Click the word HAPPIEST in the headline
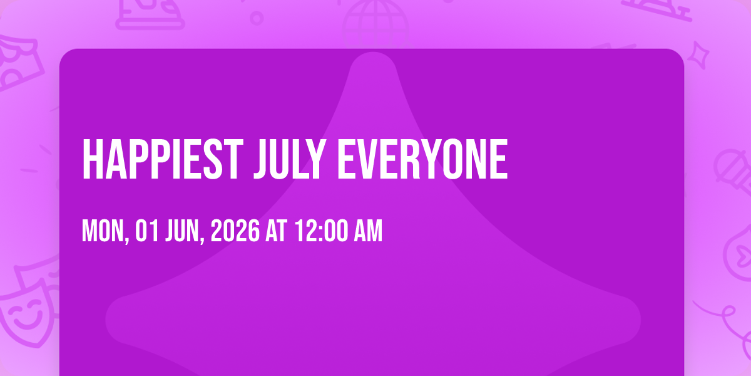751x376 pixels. point(163,159)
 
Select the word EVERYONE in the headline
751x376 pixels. point(422,159)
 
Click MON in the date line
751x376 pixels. point(105,231)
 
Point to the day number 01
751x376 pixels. point(147,231)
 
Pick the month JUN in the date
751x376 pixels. point(185,231)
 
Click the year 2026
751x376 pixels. point(235,231)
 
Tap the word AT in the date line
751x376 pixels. point(276,231)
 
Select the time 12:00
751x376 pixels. point(321,231)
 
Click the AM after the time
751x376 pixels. point(369,231)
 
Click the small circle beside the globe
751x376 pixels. point(257,18)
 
